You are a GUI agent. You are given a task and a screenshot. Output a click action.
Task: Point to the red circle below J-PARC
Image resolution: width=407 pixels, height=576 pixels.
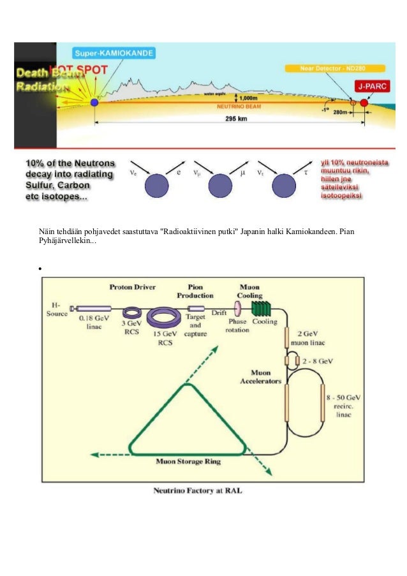[364, 102]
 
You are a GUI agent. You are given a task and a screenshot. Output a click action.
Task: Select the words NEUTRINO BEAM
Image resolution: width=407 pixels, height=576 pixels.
[237, 107]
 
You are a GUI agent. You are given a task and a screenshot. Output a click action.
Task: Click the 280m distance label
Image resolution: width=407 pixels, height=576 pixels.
[341, 112]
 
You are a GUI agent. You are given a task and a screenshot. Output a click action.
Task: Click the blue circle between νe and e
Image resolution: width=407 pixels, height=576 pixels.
[156, 186]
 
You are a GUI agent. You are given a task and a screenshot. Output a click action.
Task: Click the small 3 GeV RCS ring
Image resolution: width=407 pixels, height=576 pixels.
[132, 313]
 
